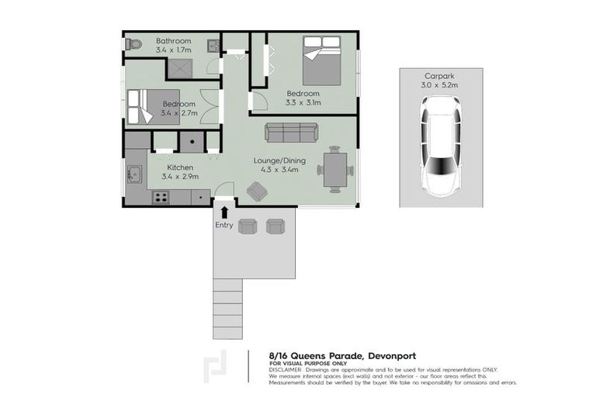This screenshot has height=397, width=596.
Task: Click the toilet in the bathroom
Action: [x=133, y=44]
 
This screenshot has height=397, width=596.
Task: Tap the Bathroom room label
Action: [x=175, y=40]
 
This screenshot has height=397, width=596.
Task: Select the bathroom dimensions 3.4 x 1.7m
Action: [x=175, y=50]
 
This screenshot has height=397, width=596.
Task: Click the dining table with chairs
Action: [x=335, y=169]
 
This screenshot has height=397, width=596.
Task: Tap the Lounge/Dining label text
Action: [x=279, y=161]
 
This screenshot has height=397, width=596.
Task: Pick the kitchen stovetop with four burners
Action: [x=161, y=198]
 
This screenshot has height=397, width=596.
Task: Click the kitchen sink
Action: [x=132, y=174]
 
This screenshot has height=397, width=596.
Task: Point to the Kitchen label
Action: [x=180, y=167]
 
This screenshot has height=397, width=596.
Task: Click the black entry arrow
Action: [x=224, y=210]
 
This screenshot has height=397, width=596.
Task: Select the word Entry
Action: [x=224, y=225]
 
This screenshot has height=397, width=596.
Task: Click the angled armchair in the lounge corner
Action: [x=257, y=191]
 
